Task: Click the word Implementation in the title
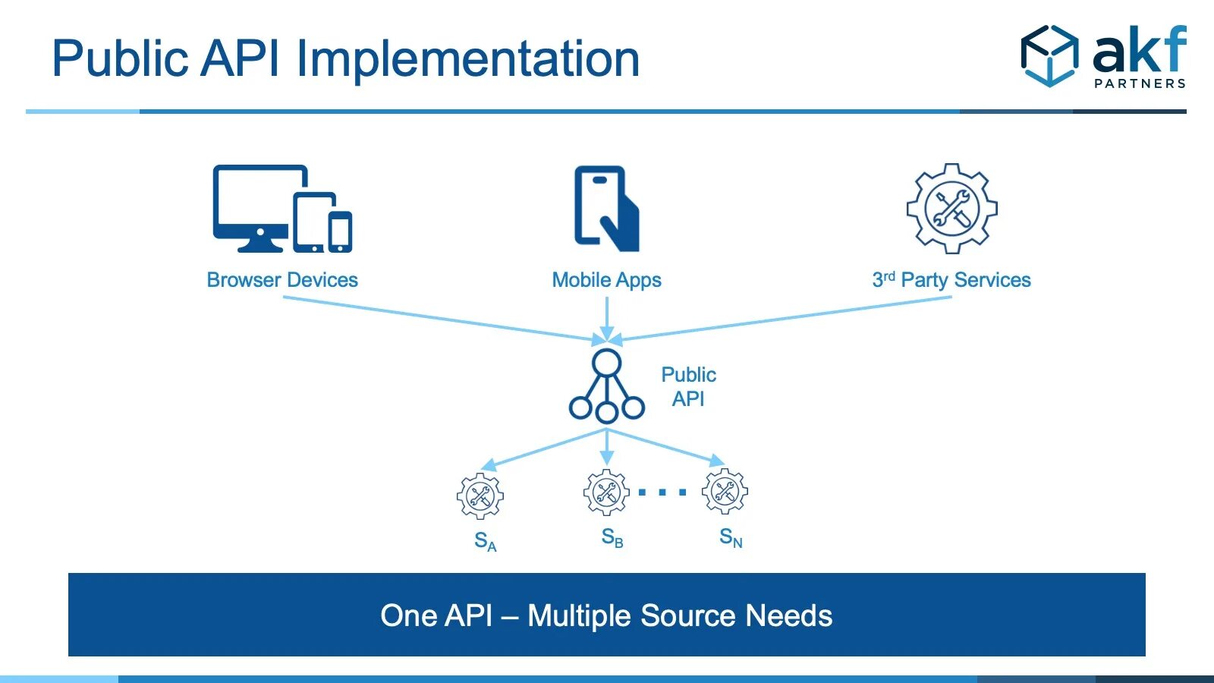click(x=468, y=60)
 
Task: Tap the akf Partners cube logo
click(x=1049, y=55)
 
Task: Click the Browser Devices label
click(x=282, y=280)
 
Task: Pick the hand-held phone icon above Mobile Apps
click(x=606, y=209)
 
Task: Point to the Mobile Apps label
click(x=606, y=281)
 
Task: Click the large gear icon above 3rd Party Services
click(x=951, y=209)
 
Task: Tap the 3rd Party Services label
click(x=951, y=280)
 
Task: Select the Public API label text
click(x=688, y=386)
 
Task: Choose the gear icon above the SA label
click(x=480, y=496)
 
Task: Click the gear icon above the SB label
click(x=606, y=493)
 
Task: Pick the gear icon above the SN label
click(x=725, y=492)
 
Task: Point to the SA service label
click(x=485, y=541)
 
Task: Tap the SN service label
click(x=731, y=537)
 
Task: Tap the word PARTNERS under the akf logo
click(x=1140, y=83)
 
